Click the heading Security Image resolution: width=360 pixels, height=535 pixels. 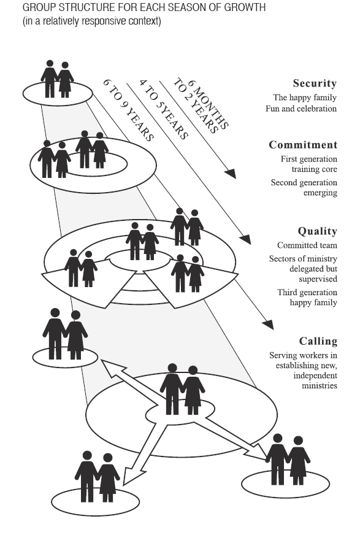[x=315, y=83]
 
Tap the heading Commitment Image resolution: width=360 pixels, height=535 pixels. [x=303, y=145]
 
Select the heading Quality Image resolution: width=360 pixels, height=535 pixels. [x=318, y=231]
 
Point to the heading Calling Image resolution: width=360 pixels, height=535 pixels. [x=318, y=341]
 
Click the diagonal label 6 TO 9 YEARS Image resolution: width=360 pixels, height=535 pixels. [x=129, y=110]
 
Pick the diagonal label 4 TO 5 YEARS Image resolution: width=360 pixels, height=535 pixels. [x=164, y=110]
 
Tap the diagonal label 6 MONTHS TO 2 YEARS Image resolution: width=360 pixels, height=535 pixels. [x=201, y=106]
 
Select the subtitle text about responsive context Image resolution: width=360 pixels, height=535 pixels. [x=92, y=21]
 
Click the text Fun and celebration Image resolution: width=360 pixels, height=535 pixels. [x=301, y=109]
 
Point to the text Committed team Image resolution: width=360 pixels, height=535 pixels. [x=307, y=245]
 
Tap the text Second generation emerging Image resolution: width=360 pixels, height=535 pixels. [x=304, y=188]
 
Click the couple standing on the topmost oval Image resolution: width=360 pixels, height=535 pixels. [x=57, y=79]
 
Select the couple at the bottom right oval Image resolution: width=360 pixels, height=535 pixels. [x=288, y=460]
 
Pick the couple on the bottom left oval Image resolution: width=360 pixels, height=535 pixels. [x=97, y=477]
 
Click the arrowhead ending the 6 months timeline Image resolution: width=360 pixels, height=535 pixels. [x=231, y=174]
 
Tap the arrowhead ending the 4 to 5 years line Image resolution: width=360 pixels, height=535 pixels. [x=246, y=239]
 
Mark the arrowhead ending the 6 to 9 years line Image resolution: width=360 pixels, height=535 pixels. [x=268, y=325]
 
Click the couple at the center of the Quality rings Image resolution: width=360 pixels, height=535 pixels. [x=142, y=242]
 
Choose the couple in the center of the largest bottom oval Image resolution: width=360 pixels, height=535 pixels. [x=182, y=390]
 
